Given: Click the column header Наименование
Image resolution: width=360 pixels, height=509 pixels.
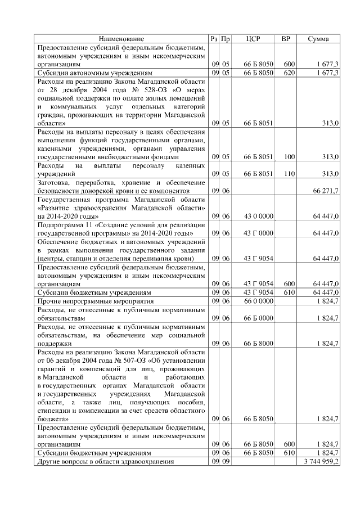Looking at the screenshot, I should coord(121,39).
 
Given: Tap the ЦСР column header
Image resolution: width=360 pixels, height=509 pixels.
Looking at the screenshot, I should coord(254,39).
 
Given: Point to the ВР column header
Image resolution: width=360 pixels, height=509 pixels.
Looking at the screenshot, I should coord(286,39).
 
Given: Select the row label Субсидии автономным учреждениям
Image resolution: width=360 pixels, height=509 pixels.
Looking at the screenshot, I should coord(94,73).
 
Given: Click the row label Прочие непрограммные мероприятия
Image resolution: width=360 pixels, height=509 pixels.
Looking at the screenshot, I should coord(93,301).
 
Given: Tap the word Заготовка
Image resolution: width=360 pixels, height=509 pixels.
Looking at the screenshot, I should coord(55,183).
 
